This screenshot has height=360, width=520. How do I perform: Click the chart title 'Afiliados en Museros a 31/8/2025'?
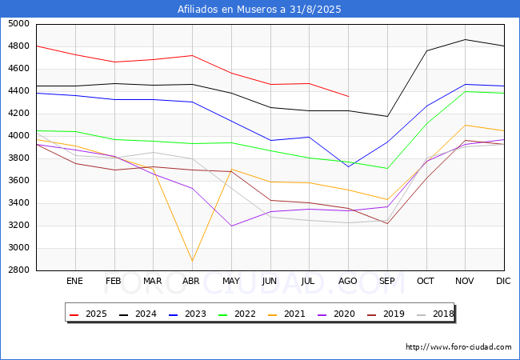(259, 10)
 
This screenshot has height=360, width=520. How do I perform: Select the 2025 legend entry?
(88, 314)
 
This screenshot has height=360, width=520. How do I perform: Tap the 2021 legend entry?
(286, 314)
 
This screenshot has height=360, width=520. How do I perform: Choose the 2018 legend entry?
(435, 314)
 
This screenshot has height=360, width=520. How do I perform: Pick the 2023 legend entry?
(187, 314)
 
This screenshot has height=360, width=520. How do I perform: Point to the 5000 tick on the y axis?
(18, 24)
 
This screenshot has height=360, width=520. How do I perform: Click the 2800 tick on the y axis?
(18, 270)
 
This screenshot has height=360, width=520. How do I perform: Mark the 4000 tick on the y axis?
(18, 136)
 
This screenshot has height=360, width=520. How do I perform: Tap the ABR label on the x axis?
(191, 281)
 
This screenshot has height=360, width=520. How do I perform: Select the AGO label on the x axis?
(347, 281)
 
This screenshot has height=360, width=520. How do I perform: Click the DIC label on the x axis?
(503, 281)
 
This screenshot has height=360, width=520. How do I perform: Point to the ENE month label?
(74, 281)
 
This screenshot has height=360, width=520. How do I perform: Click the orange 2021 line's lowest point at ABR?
(192, 261)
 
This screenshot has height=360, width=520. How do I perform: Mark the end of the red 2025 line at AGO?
(348, 97)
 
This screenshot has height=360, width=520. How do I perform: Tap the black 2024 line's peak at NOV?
(466, 39)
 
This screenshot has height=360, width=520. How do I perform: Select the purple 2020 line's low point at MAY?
(231, 226)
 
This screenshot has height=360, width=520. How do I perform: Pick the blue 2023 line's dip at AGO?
(348, 166)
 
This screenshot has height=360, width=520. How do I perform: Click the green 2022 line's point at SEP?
(387, 168)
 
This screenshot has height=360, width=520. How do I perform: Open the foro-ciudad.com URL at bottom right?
(458, 347)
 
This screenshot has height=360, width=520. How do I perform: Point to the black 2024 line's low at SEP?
(387, 116)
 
